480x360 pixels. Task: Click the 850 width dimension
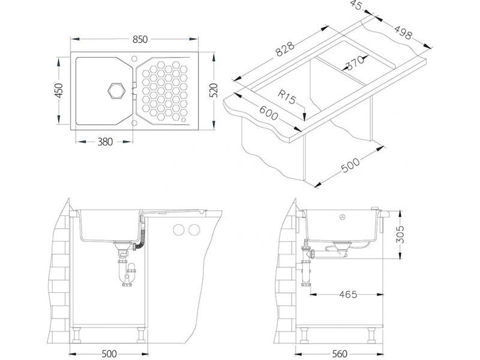[140, 40]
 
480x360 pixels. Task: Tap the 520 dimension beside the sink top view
[214, 91]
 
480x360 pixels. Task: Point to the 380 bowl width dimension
[105, 142]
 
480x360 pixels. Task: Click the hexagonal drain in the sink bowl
[116, 91]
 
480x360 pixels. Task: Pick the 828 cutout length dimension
[285, 49]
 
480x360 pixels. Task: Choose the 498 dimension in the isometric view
[403, 32]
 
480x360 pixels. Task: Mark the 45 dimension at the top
[356, 5]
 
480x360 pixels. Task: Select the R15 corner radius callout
[287, 97]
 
